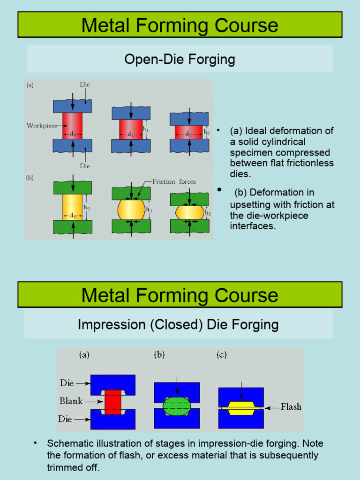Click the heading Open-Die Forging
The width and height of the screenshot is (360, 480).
pyautogui.click(x=180, y=60)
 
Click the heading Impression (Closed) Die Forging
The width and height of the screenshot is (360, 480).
pyautogui.click(x=178, y=324)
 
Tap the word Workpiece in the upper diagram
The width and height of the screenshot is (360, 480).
pyautogui.click(x=42, y=126)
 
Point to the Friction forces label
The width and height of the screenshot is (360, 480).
pyautogui.click(x=174, y=182)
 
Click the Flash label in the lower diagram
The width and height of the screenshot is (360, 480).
pyautogui.click(x=291, y=407)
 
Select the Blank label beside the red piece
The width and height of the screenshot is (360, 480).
pyautogui.click(x=71, y=401)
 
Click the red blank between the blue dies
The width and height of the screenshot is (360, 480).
pyautogui.click(x=112, y=402)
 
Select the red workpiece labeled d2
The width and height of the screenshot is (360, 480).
pyautogui.click(x=188, y=132)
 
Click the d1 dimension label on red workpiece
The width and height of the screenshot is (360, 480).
pyautogui.click(x=131, y=133)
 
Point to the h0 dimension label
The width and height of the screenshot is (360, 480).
pyautogui.click(x=86, y=207)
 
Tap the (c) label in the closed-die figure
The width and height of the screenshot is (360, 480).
pyautogui.click(x=221, y=355)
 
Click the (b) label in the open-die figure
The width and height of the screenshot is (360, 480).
pyautogui.click(x=30, y=178)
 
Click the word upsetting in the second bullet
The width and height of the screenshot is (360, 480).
pyautogui.click(x=248, y=204)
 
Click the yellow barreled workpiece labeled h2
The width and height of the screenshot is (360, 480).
pyautogui.click(x=190, y=213)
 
